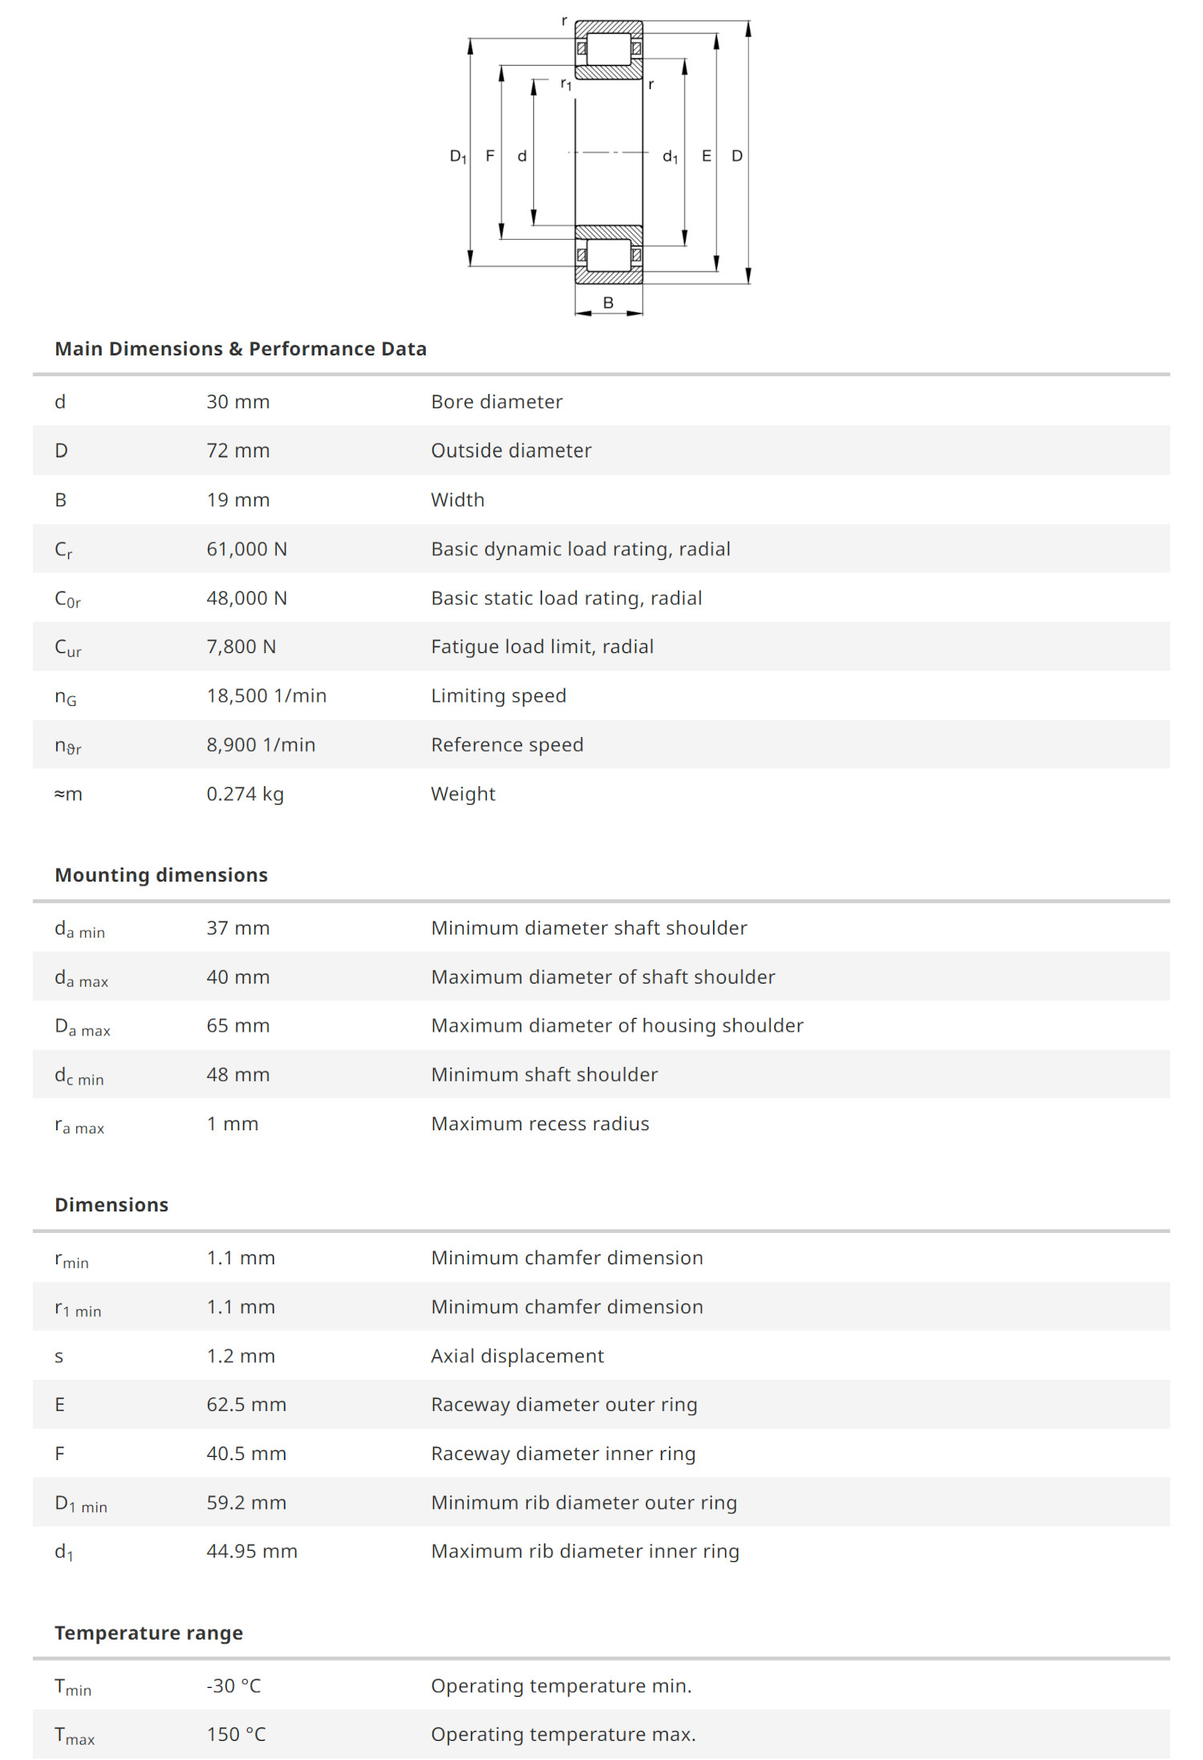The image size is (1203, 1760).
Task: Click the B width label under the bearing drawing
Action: click(608, 302)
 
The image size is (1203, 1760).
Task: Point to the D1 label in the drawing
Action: click(458, 156)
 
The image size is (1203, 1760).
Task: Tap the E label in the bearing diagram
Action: click(706, 156)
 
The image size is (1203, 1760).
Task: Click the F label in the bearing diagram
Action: click(489, 156)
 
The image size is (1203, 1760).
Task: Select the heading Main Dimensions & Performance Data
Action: click(241, 349)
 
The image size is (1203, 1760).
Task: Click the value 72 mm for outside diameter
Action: click(238, 451)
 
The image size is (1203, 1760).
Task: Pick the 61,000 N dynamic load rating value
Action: click(246, 549)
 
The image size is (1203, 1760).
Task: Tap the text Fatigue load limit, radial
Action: click(542, 647)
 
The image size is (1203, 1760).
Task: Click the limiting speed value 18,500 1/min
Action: click(266, 695)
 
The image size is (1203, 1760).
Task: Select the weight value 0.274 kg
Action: click(245, 794)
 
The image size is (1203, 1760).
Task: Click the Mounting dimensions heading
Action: click(161, 875)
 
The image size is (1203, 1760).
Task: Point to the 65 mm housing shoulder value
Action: click(238, 1026)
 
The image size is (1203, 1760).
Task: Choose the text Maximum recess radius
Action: click(540, 1124)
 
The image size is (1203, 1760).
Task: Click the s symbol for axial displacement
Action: click(59, 1356)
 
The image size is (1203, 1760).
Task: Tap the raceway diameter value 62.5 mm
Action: click(246, 1405)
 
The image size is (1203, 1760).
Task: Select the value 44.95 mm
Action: click(252, 1551)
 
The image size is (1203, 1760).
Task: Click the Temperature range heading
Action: click(148, 1633)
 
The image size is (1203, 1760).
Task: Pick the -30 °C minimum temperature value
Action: click(233, 1686)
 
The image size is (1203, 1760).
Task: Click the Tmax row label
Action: click(75, 1736)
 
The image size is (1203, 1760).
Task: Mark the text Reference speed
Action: click(507, 745)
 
